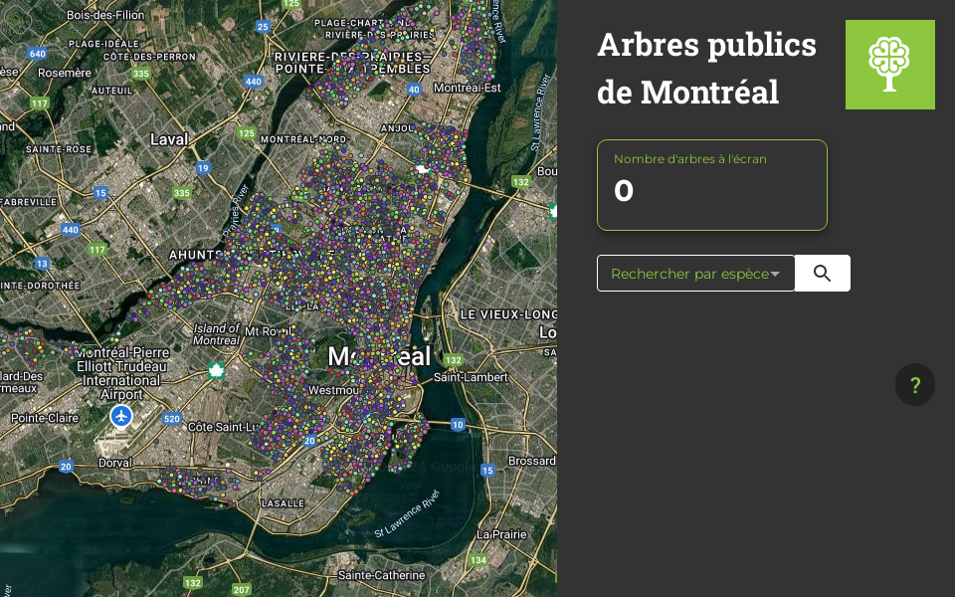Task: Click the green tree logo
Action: tap(889, 65)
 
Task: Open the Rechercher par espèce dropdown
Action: tap(695, 274)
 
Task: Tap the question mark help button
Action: tap(915, 385)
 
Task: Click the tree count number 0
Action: tap(624, 191)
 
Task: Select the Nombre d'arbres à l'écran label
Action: tap(689, 159)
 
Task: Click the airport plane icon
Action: tap(121, 416)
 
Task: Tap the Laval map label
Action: tap(169, 140)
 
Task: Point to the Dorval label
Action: tap(114, 463)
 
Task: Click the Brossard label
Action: tap(531, 462)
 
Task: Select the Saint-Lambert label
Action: tap(471, 377)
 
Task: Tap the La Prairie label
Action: tap(501, 534)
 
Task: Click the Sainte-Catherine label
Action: tap(381, 575)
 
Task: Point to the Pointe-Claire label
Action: tap(45, 419)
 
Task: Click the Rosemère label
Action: tap(65, 73)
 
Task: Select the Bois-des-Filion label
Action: tap(105, 15)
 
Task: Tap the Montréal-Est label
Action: tap(467, 88)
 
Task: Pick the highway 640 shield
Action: tap(38, 54)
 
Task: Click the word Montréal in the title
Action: tap(709, 93)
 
